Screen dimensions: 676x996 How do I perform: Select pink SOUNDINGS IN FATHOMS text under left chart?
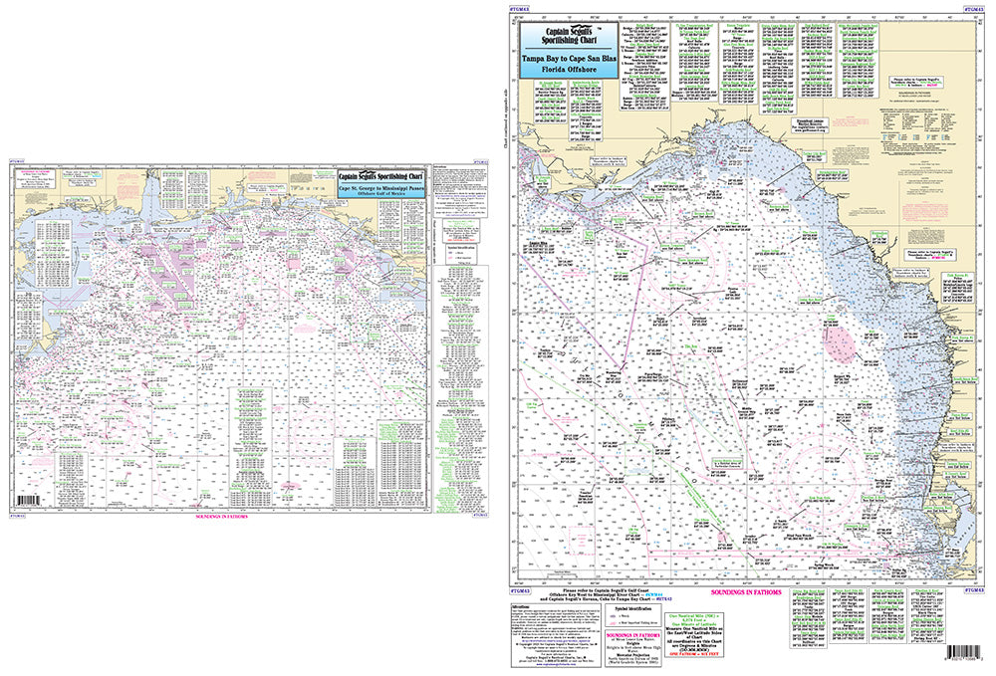[221, 519]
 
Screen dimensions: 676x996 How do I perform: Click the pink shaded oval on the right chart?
[841, 344]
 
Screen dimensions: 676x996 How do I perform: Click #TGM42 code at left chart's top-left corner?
[19, 157]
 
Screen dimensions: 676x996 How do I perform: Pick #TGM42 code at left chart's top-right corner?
[482, 157]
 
